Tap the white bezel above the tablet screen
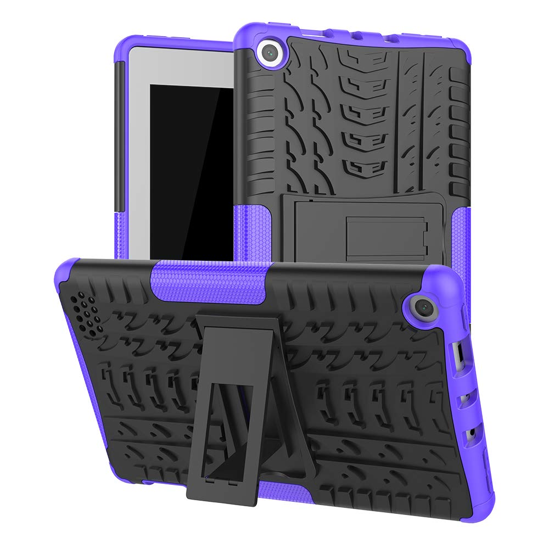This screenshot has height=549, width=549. click(x=181, y=66)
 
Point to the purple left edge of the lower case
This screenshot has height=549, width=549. click(x=82, y=384)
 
